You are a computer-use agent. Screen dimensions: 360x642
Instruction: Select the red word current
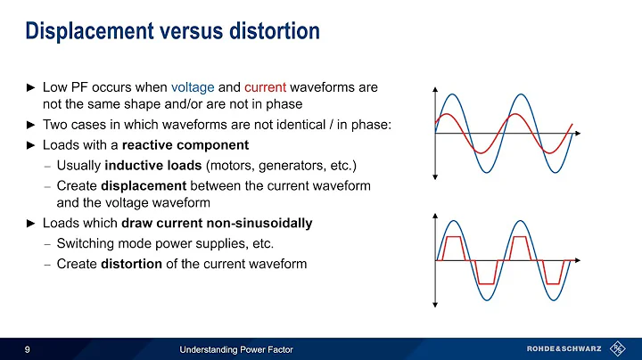[x=264, y=87]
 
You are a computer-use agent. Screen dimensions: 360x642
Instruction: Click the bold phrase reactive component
[x=185, y=144]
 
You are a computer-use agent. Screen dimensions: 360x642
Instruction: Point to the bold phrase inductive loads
[x=153, y=165]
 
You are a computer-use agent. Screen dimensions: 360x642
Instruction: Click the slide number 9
[x=28, y=348]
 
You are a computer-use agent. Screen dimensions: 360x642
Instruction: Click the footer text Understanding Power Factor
[x=238, y=348]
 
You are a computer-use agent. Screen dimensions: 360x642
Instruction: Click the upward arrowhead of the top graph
[x=434, y=90]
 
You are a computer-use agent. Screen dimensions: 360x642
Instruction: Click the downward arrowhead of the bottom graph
[x=434, y=303]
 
